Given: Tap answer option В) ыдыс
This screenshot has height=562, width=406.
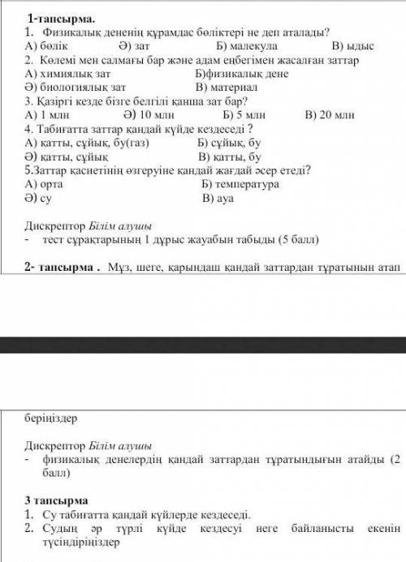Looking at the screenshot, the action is [339, 47].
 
